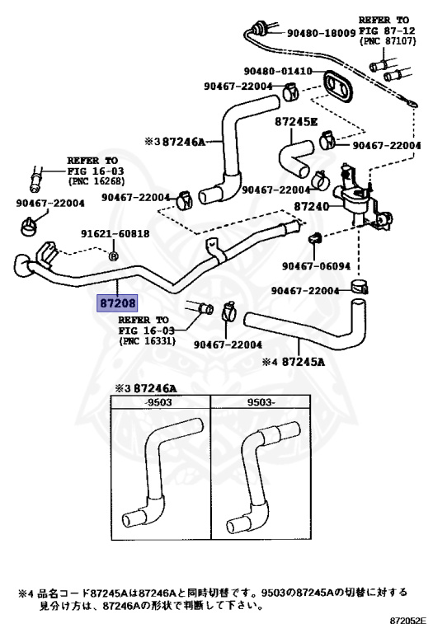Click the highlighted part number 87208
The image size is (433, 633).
(x=117, y=302)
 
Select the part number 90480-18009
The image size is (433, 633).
(x=322, y=33)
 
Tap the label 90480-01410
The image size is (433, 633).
(x=278, y=72)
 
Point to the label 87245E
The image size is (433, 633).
(x=296, y=121)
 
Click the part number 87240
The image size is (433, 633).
(x=312, y=207)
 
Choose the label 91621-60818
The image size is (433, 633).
(x=115, y=234)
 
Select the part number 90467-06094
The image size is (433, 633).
(x=316, y=266)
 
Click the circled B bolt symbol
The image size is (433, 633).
(x=114, y=256)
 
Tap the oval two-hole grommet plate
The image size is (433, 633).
(x=337, y=87)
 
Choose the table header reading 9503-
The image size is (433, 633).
(x=261, y=402)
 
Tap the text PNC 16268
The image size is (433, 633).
(x=96, y=181)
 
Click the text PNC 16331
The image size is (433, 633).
(x=148, y=341)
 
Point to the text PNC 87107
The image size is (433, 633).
(x=388, y=41)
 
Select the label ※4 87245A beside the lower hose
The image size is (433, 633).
(x=294, y=362)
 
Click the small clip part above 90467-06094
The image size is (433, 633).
(x=314, y=238)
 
